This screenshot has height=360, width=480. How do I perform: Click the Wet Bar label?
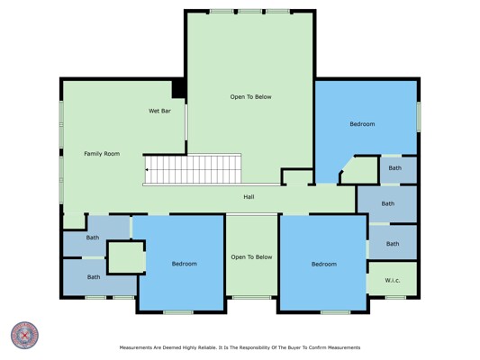(159, 111)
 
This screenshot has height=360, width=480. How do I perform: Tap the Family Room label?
(102, 154)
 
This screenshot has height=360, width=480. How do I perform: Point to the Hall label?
(249, 197)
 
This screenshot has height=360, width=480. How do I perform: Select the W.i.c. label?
(392, 280)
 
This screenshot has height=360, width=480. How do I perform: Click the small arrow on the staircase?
(147, 169)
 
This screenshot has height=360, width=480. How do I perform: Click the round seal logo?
(25, 336)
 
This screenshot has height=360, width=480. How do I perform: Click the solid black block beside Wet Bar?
(178, 89)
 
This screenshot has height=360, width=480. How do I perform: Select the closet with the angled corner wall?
(359, 170)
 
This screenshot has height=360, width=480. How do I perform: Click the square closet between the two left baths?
(125, 257)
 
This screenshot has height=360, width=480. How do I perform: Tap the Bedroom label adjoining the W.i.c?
(324, 264)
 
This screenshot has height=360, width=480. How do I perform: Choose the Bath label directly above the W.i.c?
(393, 244)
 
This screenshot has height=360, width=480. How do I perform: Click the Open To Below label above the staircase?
(250, 97)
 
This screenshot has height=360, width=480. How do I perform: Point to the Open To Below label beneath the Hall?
(251, 256)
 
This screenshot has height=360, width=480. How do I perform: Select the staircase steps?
(193, 169)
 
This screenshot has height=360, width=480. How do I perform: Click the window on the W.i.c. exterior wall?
(395, 297)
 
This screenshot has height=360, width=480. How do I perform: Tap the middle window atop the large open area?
(250, 12)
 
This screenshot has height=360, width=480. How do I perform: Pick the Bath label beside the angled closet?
(395, 168)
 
